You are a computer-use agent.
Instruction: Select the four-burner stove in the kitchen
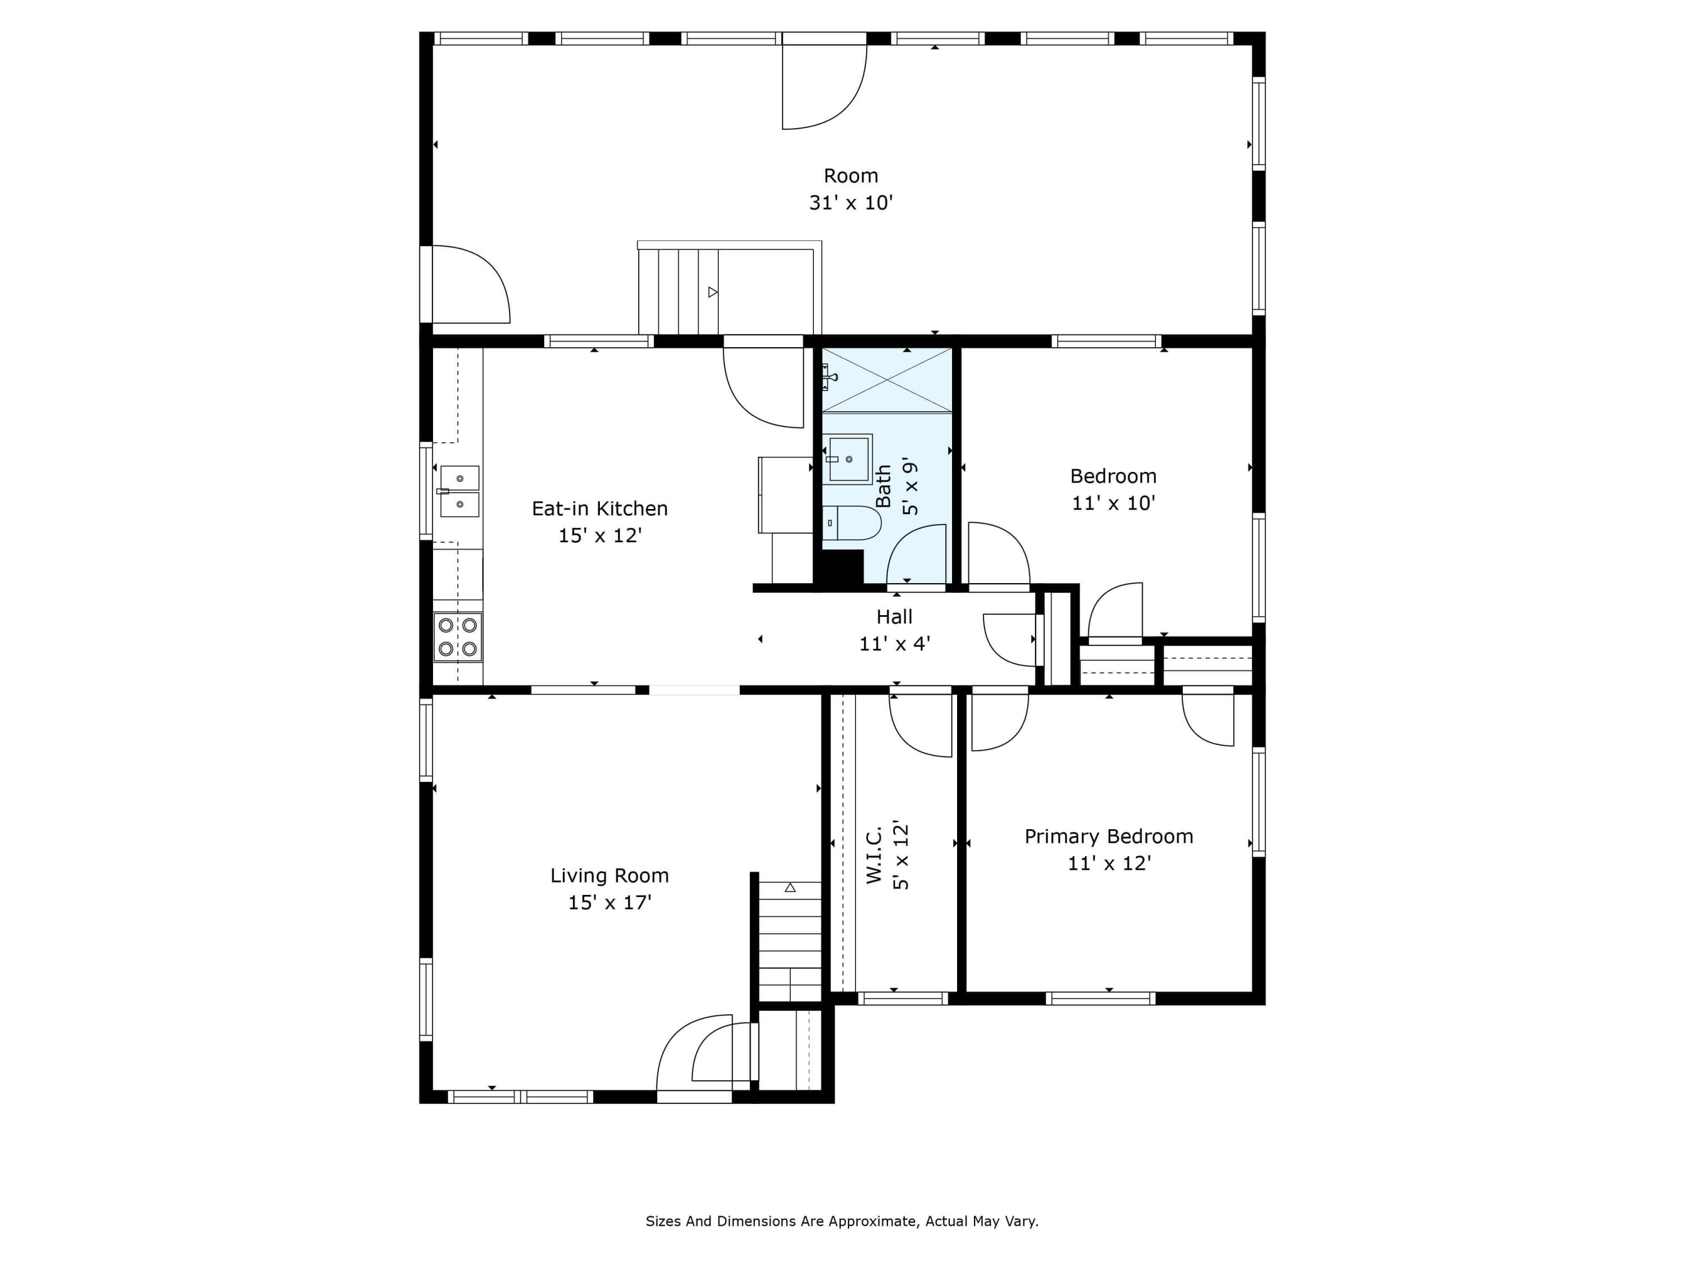point(458,637)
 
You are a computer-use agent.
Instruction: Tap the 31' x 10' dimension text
point(850,203)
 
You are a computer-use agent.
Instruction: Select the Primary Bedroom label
point(1108,836)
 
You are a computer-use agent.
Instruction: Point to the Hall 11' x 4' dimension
point(894,644)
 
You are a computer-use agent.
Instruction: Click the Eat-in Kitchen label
point(599,509)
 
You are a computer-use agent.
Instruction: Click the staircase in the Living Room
point(790,941)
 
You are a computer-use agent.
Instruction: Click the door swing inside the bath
point(917,554)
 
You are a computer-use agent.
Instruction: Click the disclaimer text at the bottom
point(842,1221)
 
